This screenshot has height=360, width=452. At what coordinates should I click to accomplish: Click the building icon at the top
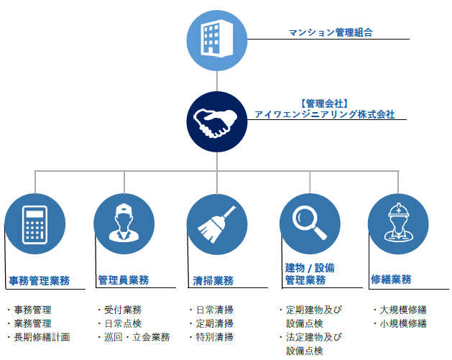tap(217, 37)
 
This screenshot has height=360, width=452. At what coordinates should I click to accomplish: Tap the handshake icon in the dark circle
tap(216, 123)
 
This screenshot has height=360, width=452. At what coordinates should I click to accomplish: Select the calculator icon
tap(35, 224)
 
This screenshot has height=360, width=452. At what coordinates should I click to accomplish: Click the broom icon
tap(216, 224)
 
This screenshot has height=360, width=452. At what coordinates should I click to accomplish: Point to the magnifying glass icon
tap(309, 223)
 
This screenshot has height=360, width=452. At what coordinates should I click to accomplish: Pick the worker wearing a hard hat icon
tap(398, 222)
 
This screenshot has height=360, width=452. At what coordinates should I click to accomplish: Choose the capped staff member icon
tap(124, 223)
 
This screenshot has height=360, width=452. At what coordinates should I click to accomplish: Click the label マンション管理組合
tap(331, 32)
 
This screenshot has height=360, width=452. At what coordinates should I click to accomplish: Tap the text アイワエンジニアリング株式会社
tap(325, 114)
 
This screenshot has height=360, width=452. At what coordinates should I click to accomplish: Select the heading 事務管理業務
tap(40, 280)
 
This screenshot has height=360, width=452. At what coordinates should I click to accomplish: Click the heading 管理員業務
tap(124, 280)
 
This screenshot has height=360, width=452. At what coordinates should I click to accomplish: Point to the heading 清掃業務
tap(213, 280)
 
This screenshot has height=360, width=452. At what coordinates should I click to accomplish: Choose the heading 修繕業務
tap(391, 279)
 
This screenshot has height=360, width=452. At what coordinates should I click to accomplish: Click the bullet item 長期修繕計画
tap(42, 337)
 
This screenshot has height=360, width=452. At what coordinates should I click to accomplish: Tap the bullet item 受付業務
tap(123, 310)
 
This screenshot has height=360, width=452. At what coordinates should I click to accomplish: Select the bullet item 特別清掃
tap(214, 337)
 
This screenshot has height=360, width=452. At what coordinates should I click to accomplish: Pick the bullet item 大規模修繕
tap(403, 310)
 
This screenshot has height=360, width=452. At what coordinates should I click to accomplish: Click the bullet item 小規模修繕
tap(403, 323)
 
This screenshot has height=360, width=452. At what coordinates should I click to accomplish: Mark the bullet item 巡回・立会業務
tap(137, 337)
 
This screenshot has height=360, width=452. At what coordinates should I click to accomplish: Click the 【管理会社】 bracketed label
tap(325, 103)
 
